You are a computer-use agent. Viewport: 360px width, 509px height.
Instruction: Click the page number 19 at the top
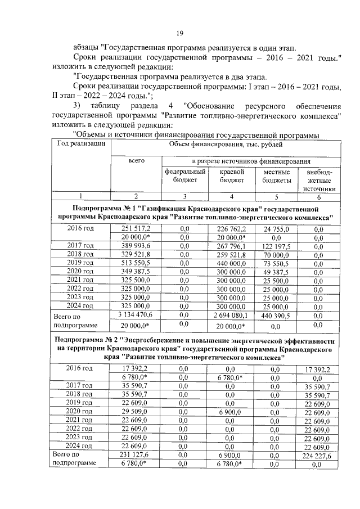click(180, 33)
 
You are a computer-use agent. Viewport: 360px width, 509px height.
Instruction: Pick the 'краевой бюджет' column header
click(231, 176)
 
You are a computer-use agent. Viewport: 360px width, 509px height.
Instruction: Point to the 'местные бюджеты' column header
click(276, 176)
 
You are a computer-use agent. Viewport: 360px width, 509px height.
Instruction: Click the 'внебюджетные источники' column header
click(318, 180)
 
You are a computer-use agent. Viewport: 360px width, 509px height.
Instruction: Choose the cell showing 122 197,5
click(276, 247)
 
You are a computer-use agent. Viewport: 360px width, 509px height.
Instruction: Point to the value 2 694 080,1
click(231, 316)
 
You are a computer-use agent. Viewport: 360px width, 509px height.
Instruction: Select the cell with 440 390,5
click(276, 316)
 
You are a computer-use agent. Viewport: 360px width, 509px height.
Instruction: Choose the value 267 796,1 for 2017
click(231, 247)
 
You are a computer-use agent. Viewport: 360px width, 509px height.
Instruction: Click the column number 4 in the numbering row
click(231, 196)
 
